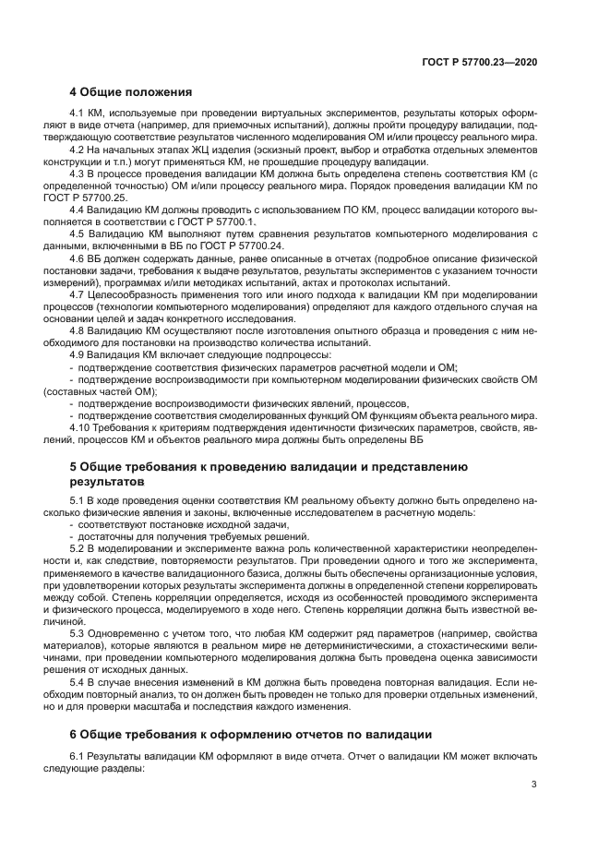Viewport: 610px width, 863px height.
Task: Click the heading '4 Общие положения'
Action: click(x=130, y=92)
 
